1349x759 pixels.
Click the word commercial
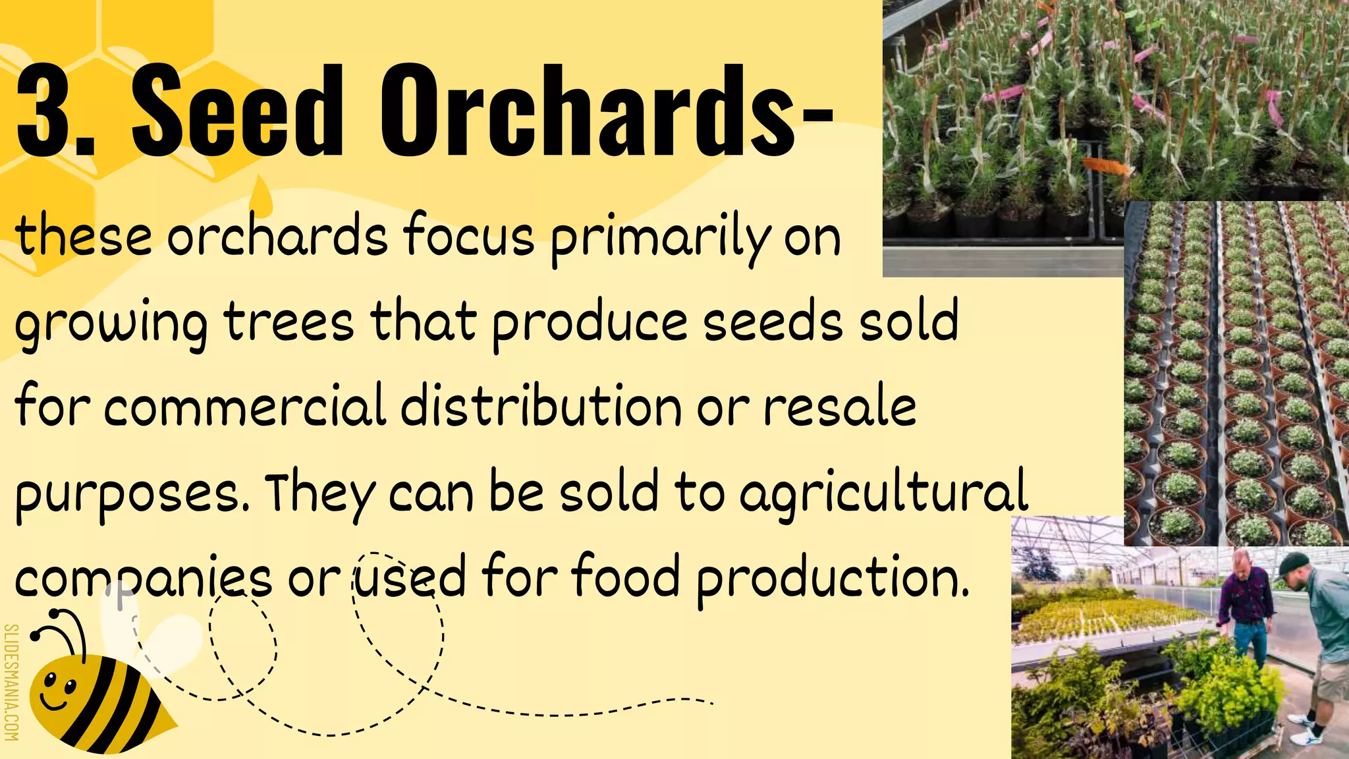point(244,407)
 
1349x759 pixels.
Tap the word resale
point(840,408)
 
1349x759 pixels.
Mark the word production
point(833,578)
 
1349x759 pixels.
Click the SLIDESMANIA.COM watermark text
point(12,682)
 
